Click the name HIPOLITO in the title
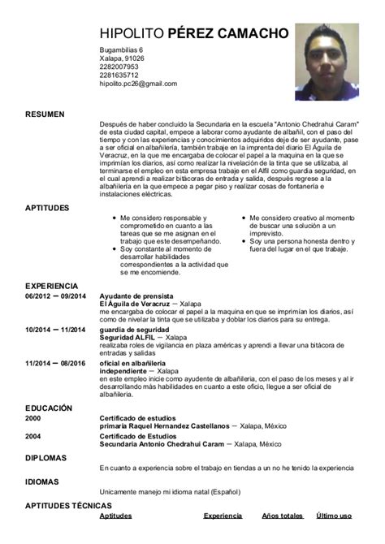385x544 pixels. [131, 33]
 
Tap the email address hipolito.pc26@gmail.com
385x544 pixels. [137, 84]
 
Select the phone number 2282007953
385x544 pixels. [119, 67]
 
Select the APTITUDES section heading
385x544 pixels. [47, 208]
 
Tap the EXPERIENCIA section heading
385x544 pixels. [51, 286]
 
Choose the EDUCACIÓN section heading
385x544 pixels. [49, 408]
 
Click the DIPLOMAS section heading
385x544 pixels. [45, 458]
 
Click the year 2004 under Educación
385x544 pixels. [32, 436]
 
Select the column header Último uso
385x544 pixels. [334, 516]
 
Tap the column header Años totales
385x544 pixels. [283, 516]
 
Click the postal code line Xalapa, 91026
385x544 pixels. [122, 59]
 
